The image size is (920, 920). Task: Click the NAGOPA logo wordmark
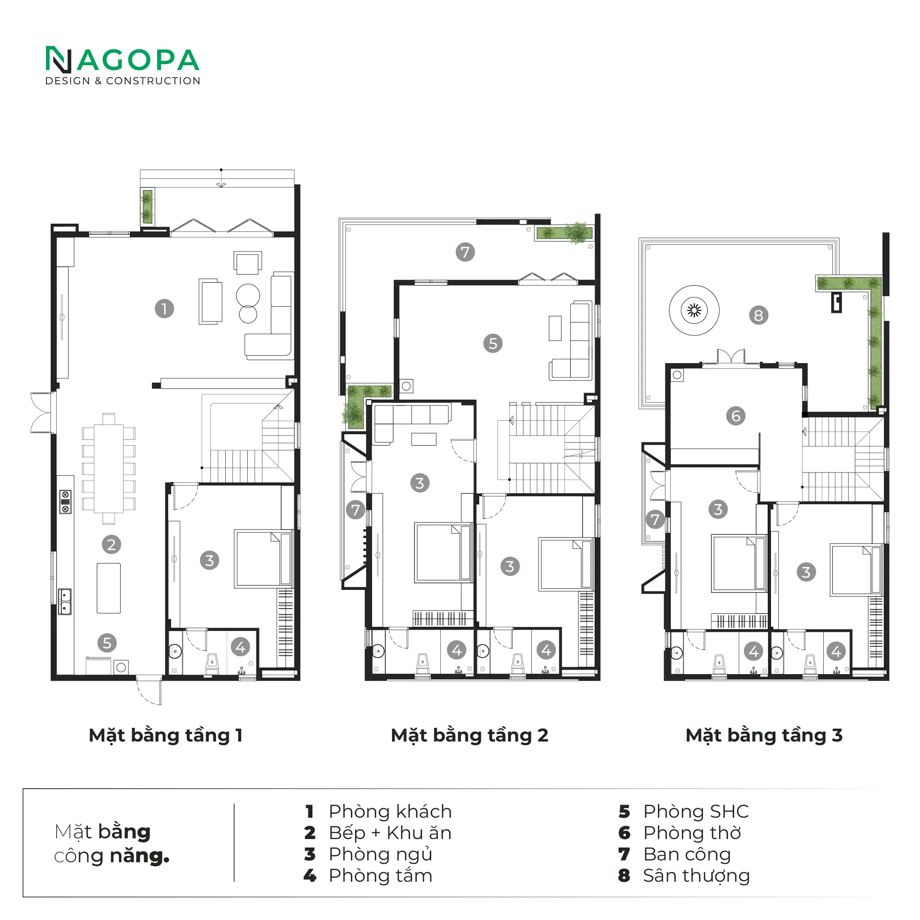(122, 60)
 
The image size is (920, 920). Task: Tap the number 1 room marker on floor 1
(164, 309)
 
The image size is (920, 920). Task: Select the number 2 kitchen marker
(111, 544)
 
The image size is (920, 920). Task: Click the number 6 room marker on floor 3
(736, 415)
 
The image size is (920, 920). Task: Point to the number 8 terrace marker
(759, 315)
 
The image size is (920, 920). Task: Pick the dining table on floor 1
(109, 469)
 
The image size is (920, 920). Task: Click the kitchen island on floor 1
(109, 588)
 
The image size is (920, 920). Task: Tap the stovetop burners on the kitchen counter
(65, 502)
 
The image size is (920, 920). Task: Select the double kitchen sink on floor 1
(65, 601)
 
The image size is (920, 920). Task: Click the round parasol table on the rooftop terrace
(694, 310)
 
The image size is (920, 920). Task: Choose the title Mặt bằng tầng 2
(470, 736)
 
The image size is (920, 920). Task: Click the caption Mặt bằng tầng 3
(764, 736)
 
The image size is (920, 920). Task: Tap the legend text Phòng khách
(390, 812)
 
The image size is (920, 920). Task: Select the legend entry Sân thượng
(696, 875)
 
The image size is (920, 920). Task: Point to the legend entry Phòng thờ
(692, 833)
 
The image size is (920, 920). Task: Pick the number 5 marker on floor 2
(493, 343)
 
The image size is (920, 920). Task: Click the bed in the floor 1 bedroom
(264, 559)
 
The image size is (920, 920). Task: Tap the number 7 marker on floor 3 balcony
(655, 519)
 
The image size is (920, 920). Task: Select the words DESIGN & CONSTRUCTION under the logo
(123, 81)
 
